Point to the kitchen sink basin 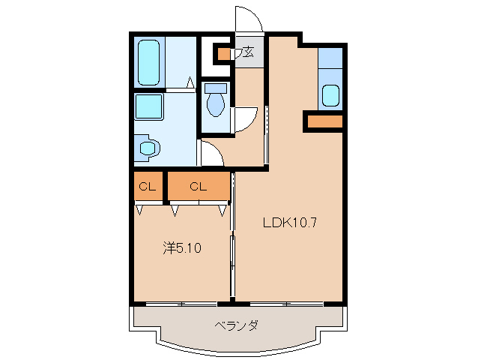tap(330, 96)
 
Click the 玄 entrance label tap(248, 52)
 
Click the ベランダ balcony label tap(236, 325)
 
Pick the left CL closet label tap(146, 187)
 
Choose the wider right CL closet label tap(197, 187)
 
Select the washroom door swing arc tap(212, 154)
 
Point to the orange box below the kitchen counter tap(324, 121)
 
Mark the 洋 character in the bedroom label tap(169, 247)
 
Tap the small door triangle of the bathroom tap(191, 82)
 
